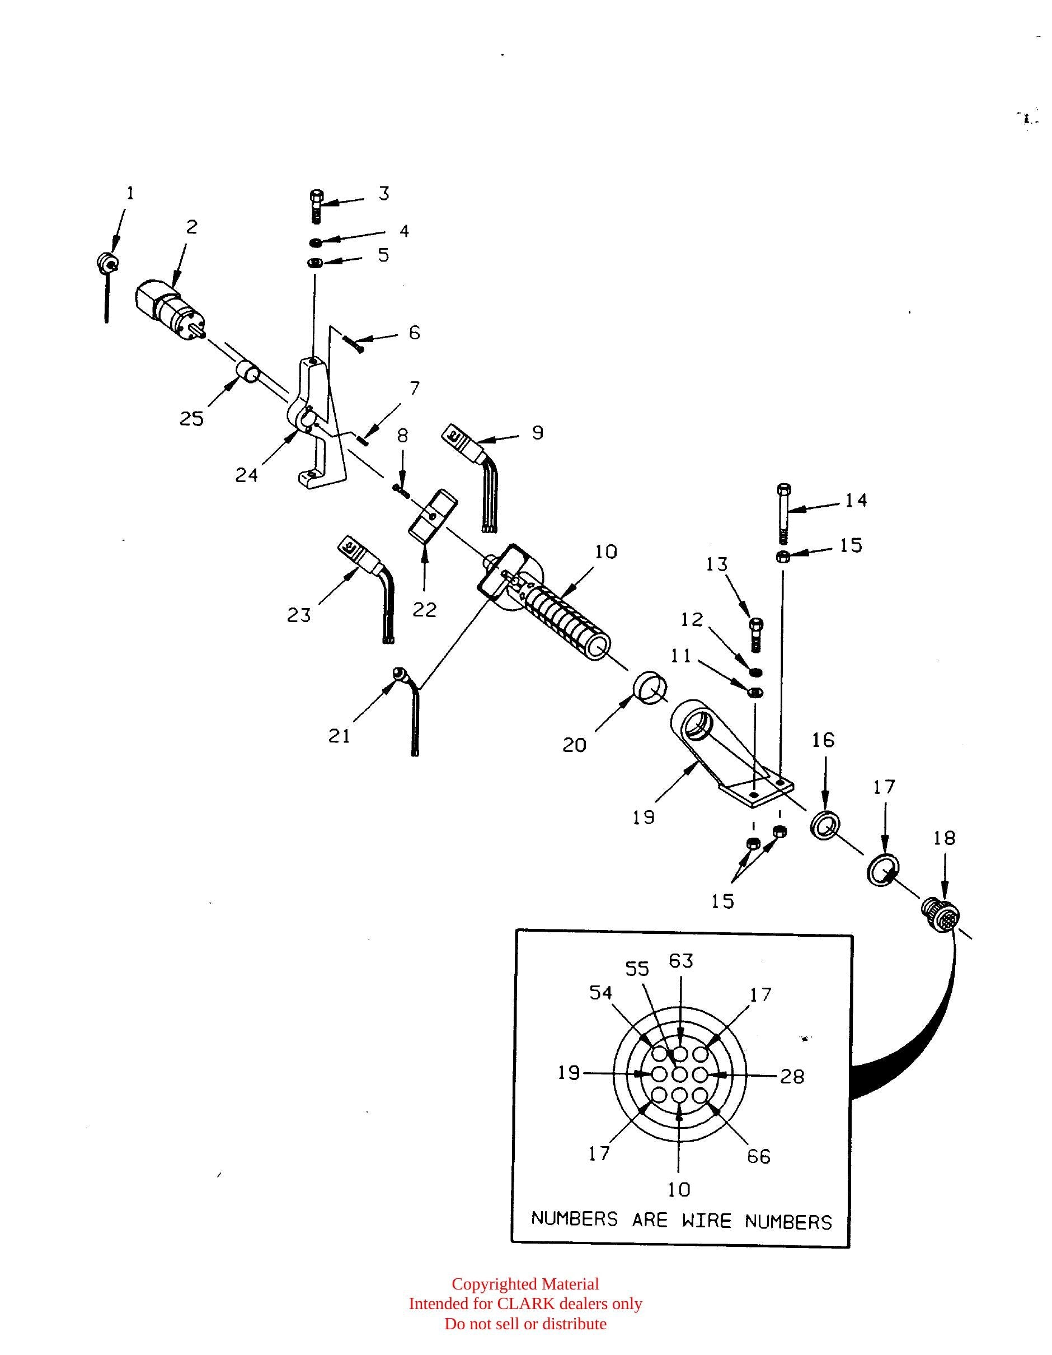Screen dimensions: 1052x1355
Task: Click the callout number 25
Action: tap(191, 419)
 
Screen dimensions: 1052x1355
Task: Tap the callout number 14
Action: tap(856, 500)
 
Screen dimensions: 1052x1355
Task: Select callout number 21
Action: tap(339, 736)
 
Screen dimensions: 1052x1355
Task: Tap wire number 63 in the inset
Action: tap(680, 960)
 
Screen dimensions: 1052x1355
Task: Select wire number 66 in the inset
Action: tap(758, 1156)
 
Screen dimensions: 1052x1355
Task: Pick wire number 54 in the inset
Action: tap(600, 993)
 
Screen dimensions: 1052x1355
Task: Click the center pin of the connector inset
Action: tap(680, 1074)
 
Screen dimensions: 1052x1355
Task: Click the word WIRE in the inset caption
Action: tap(707, 1221)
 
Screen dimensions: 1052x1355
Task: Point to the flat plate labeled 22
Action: tap(431, 515)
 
